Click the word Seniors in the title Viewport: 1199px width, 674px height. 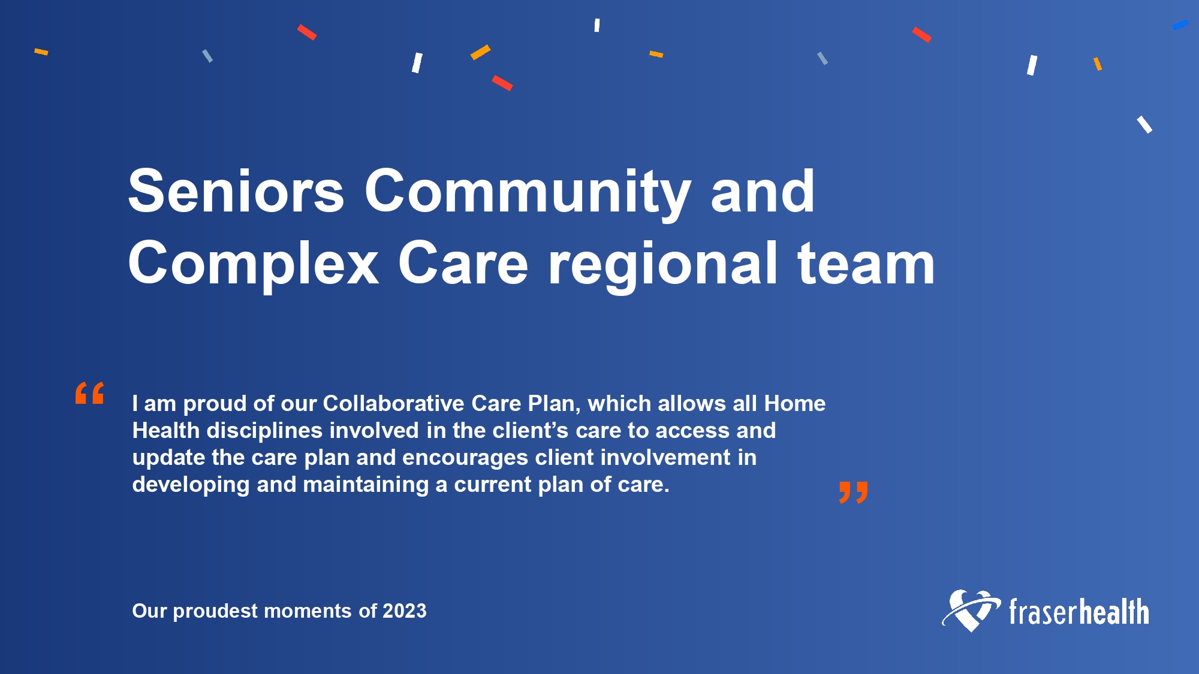236,191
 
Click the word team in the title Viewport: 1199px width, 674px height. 866,263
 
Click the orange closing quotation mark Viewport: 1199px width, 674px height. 854,492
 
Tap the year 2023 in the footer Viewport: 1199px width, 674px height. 404,611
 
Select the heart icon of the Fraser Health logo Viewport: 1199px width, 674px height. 971,610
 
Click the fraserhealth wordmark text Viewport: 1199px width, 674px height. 1079,612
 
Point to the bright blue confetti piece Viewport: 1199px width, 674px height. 1180,25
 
